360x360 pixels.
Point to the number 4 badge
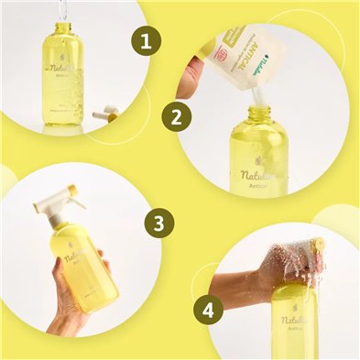point(209,310)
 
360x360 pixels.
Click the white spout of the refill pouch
point(256,94)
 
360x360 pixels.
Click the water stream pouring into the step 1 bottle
point(63,12)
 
